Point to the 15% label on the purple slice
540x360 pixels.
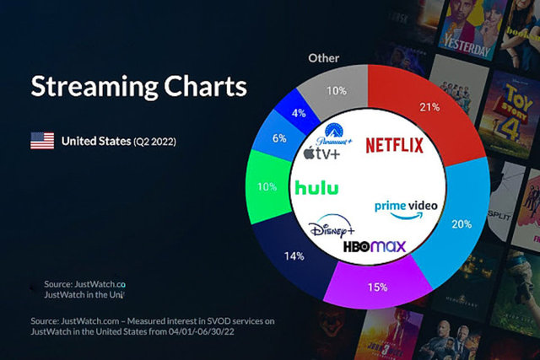377,287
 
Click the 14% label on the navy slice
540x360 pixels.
294,255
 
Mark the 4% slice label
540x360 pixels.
298,112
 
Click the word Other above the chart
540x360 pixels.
323,58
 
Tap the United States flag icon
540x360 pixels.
41,141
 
